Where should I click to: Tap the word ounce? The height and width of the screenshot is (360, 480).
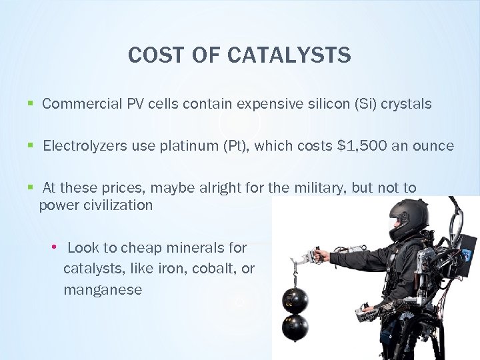[x=433, y=145]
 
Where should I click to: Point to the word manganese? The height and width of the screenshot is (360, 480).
[x=103, y=289]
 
